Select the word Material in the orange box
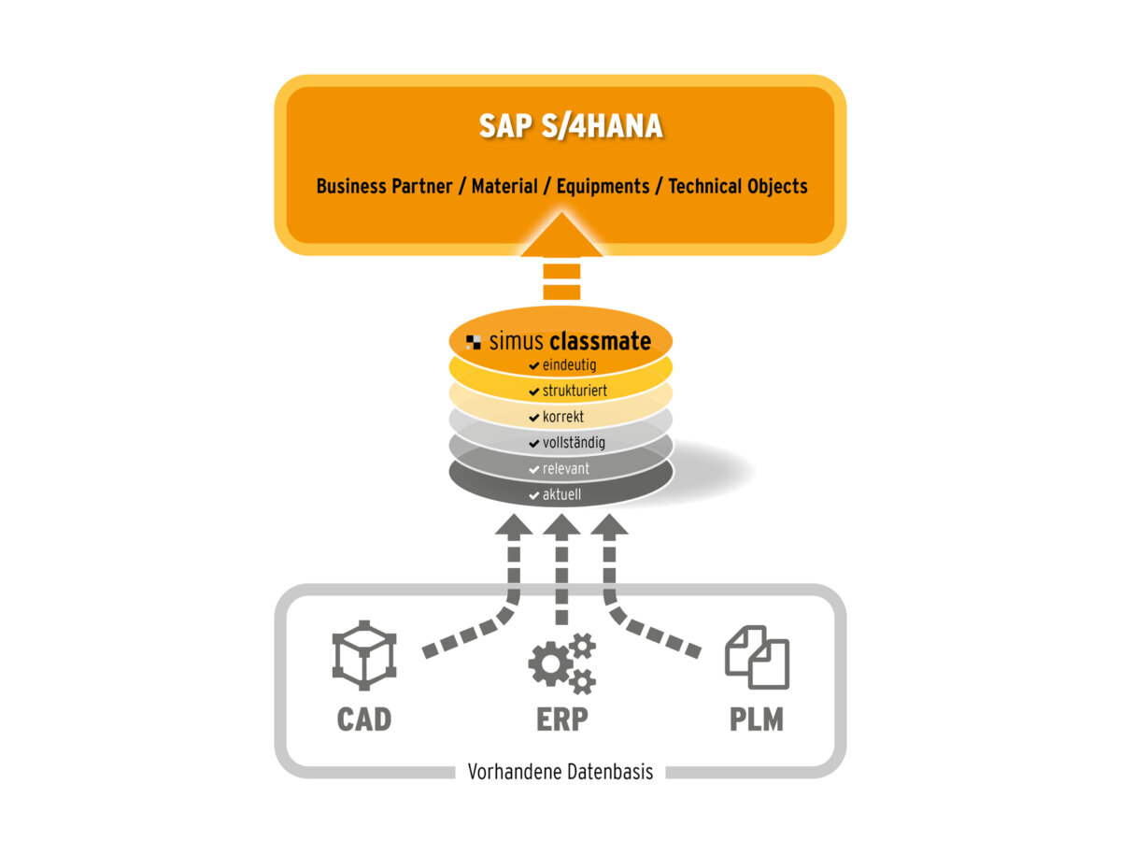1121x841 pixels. (504, 186)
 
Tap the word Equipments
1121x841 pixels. (603, 186)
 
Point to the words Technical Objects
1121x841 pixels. (738, 186)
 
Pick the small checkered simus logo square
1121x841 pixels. (474, 342)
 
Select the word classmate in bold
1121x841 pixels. (600, 341)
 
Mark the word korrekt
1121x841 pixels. (563, 417)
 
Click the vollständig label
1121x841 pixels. (574, 443)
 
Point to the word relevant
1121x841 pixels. (566, 468)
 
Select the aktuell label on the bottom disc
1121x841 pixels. (561, 494)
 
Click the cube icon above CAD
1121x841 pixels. (364, 660)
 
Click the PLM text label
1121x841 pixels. (757, 720)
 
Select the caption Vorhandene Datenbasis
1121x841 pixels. (560, 773)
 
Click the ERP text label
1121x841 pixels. (561, 720)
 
